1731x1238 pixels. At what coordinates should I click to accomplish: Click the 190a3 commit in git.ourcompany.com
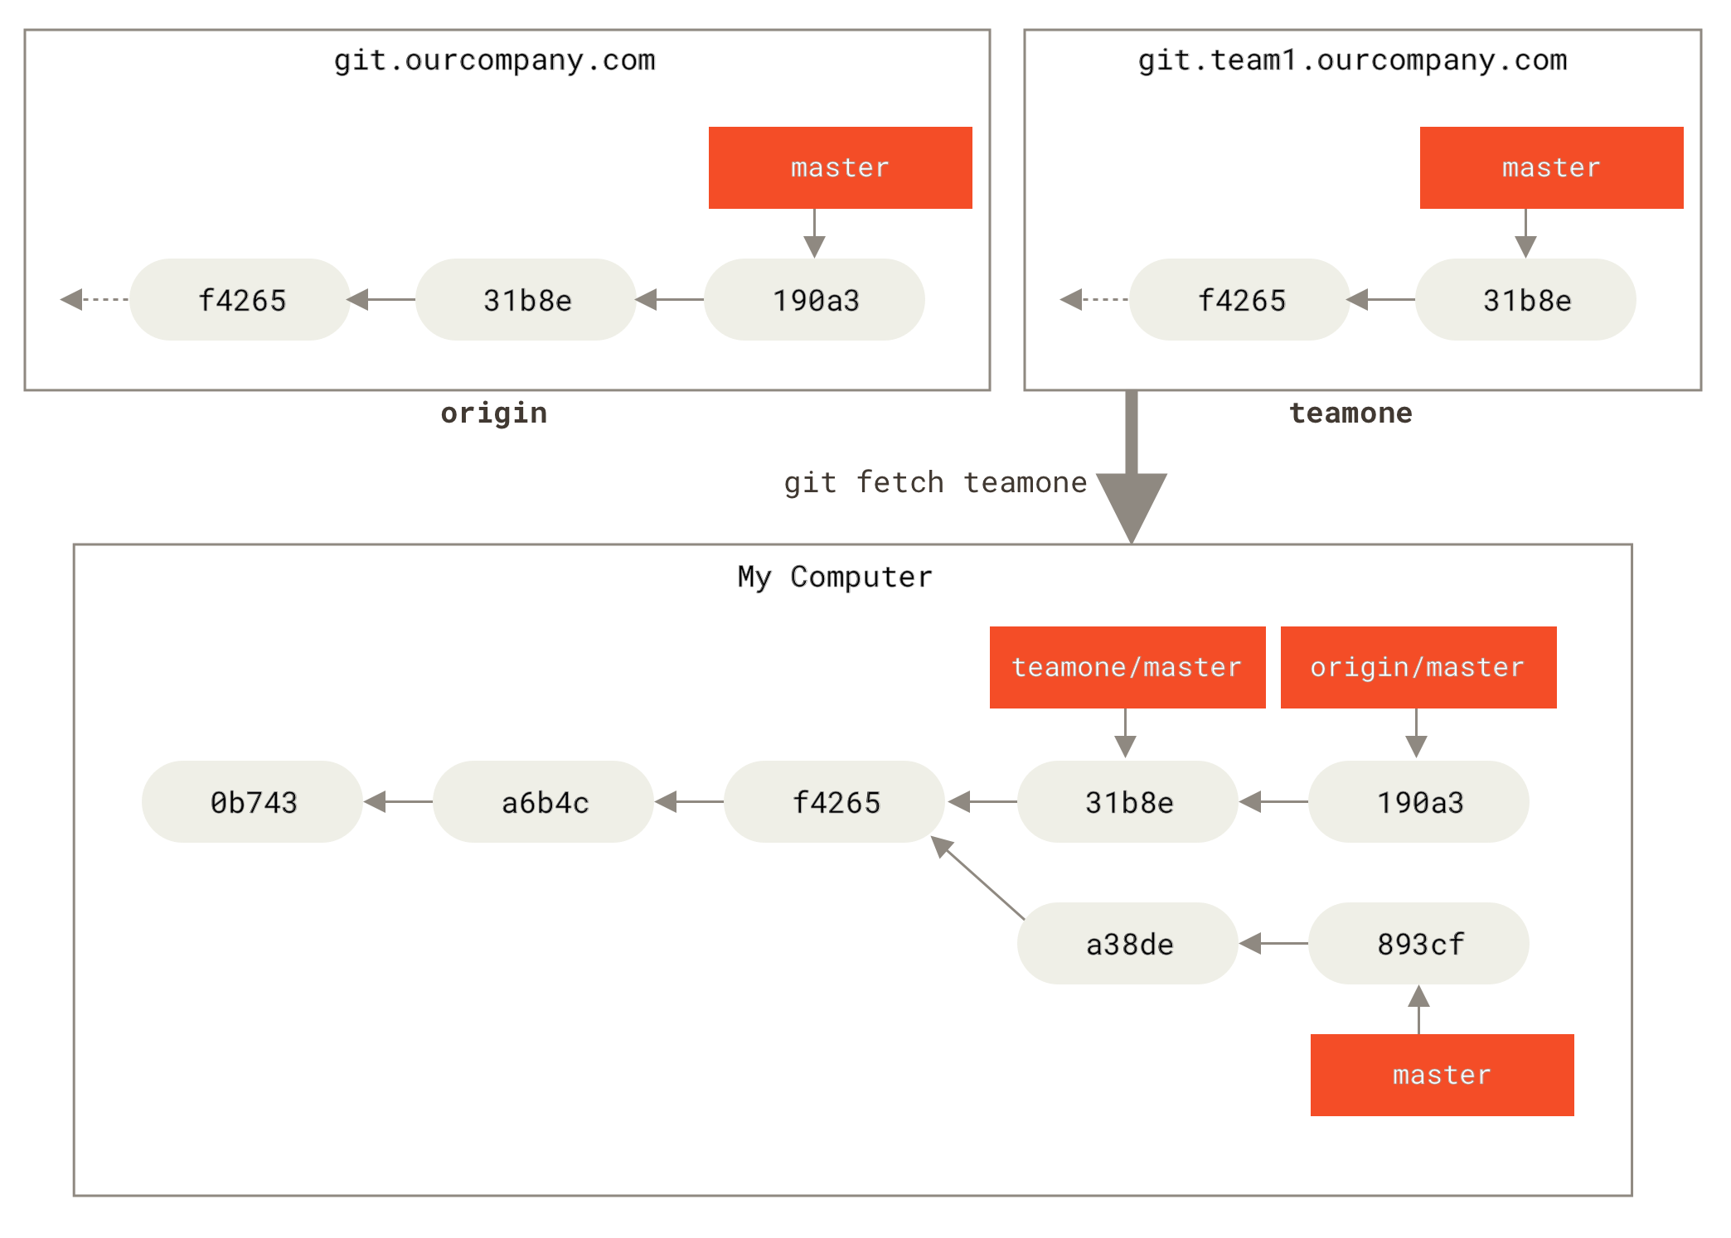[814, 299]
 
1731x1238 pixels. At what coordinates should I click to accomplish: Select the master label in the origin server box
[840, 167]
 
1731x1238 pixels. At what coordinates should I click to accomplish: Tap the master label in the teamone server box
[1550, 167]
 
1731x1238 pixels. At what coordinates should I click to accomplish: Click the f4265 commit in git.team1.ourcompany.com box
[1239, 299]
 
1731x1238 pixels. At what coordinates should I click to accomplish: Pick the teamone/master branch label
[1127, 667]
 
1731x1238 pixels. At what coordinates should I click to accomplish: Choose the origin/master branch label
[1418, 667]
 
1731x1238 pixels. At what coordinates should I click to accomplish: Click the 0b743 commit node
[252, 801]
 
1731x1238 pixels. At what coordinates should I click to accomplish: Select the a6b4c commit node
[543, 801]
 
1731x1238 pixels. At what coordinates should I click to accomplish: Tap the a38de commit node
[1127, 943]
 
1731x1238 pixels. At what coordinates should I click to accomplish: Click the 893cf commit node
[1418, 943]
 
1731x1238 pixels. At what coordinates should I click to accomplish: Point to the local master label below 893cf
[1442, 1075]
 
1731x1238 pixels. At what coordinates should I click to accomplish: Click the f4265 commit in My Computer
[834, 801]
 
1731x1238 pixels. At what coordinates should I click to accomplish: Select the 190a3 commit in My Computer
[1418, 801]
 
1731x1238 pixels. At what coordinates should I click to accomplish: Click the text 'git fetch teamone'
[935, 482]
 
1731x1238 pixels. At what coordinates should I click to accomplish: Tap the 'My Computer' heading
[835, 577]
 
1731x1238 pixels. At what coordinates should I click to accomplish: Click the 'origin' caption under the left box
[493, 413]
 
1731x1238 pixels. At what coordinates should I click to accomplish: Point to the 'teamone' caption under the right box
[1350, 413]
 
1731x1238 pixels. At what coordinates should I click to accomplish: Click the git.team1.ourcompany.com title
[1353, 60]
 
